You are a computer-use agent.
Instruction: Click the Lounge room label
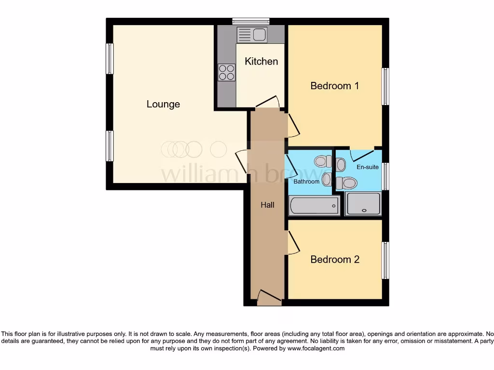point(163,104)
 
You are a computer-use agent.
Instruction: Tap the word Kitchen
point(261,61)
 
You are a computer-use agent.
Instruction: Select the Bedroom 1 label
point(334,86)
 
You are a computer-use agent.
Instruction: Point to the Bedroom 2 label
point(335,259)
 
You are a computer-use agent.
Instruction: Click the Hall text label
point(267,205)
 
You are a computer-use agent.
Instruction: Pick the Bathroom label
point(306,182)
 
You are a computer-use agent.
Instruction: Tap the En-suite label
point(368,167)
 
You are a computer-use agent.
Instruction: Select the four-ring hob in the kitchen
point(226,72)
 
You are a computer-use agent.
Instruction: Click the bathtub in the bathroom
point(314,206)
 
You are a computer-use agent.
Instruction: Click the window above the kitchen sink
point(250,21)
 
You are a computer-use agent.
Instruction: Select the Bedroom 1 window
point(385,86)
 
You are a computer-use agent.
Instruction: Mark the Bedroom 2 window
point(385,260)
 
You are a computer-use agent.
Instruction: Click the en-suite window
point(385,176)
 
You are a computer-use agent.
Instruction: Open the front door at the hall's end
point(269,298)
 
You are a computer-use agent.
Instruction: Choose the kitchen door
point(268,102)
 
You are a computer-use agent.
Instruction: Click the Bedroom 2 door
point(293,242)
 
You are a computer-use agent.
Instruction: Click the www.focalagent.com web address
point(316,348)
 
